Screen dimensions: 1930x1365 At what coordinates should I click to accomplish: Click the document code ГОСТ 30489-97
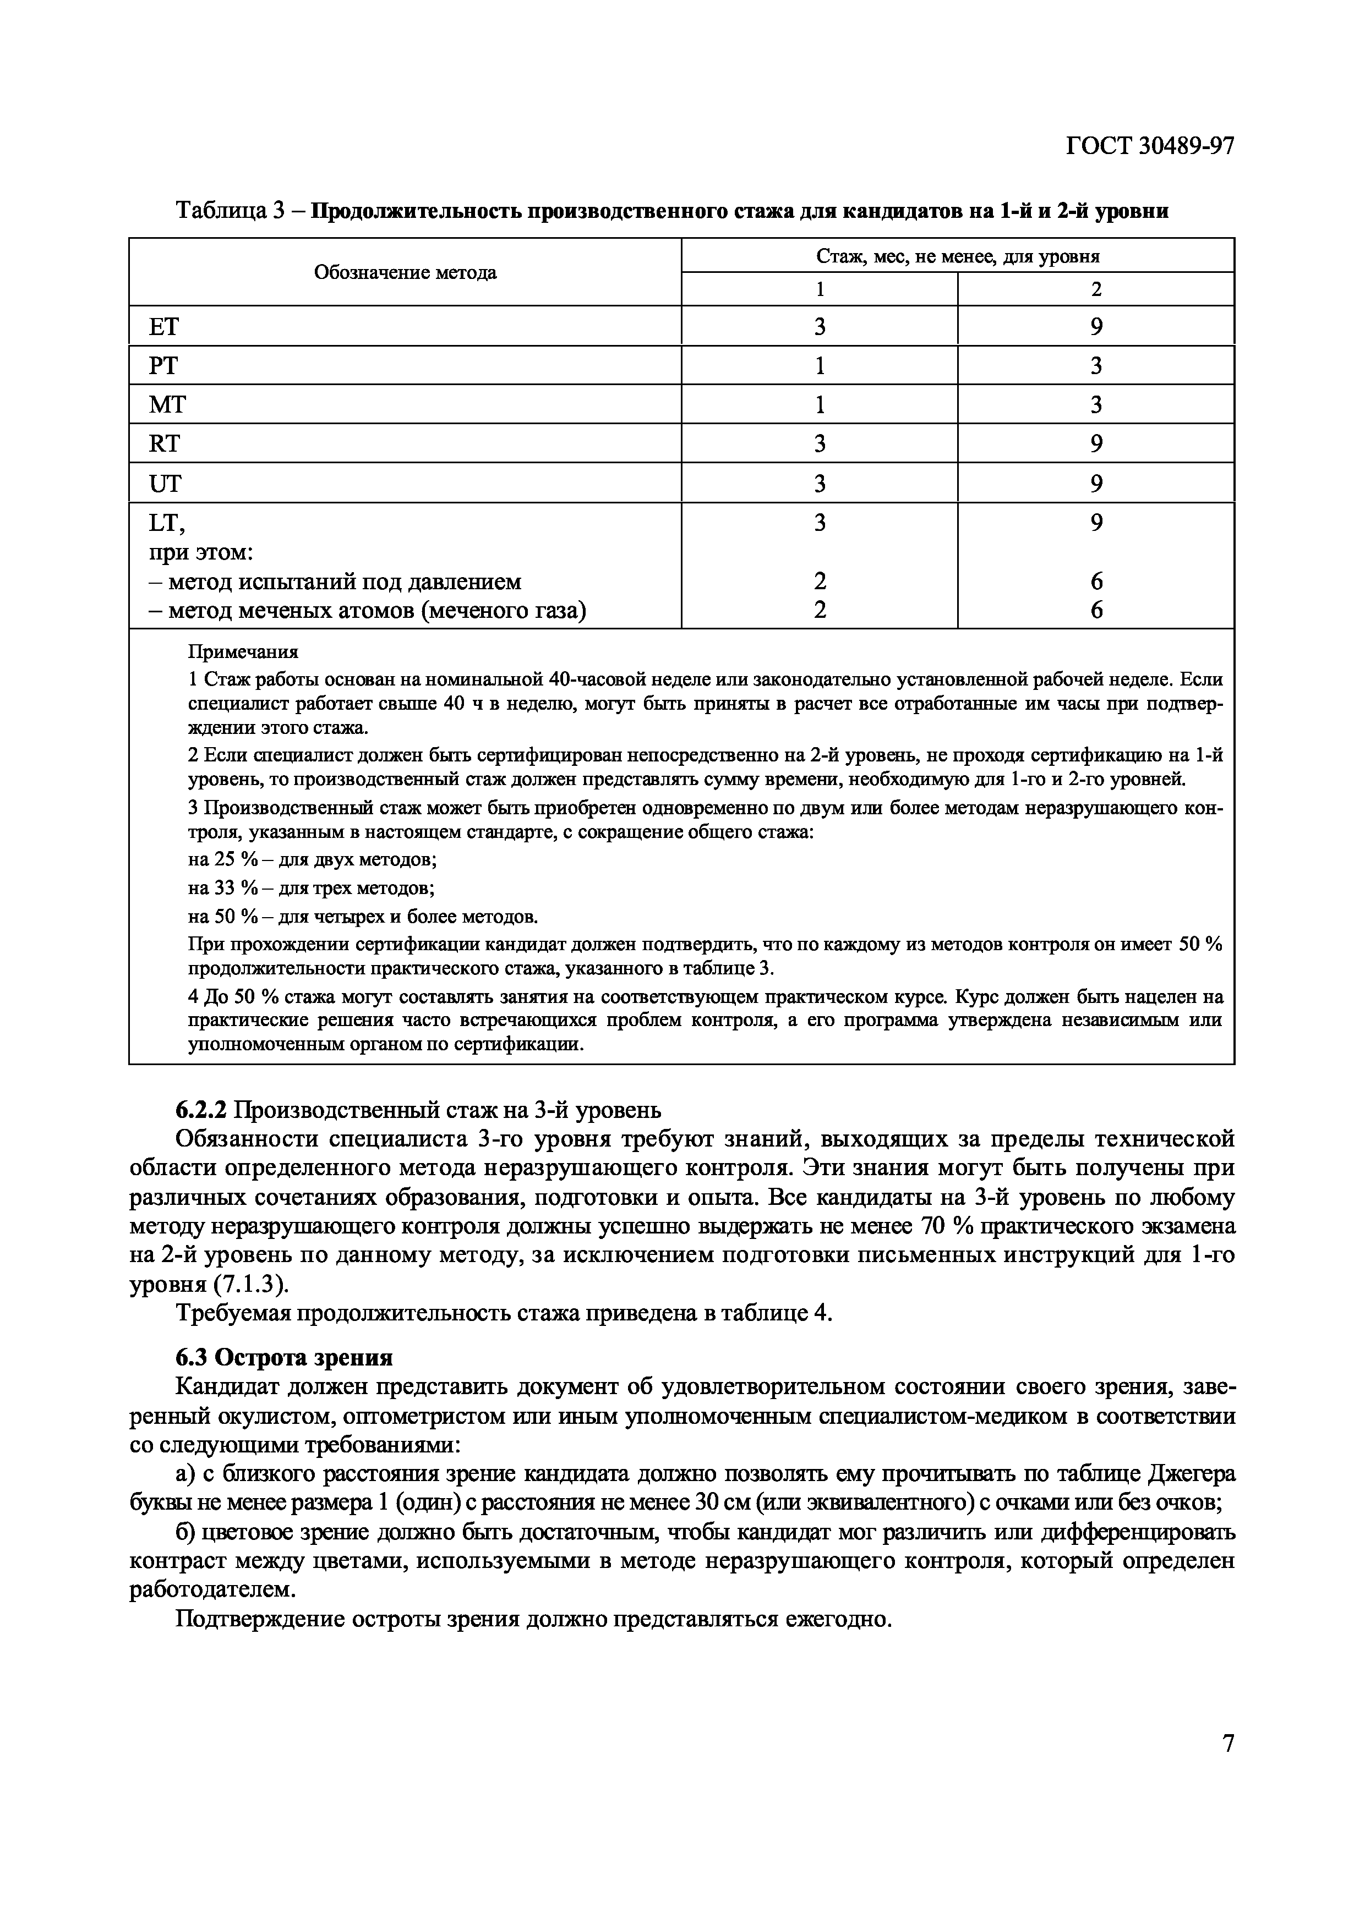click(1150, 146)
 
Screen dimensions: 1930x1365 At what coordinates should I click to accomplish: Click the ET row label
click(164, 326)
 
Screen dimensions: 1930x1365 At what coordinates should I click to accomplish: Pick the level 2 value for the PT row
click(1096, 366)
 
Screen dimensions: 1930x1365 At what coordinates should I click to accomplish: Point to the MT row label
click(167, 405)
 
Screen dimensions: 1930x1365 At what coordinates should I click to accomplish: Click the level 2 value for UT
click(1096, 484)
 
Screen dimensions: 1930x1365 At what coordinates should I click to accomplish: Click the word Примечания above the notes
click(242, 651)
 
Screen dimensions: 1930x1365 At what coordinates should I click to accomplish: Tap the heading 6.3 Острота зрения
click(284, 1358)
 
